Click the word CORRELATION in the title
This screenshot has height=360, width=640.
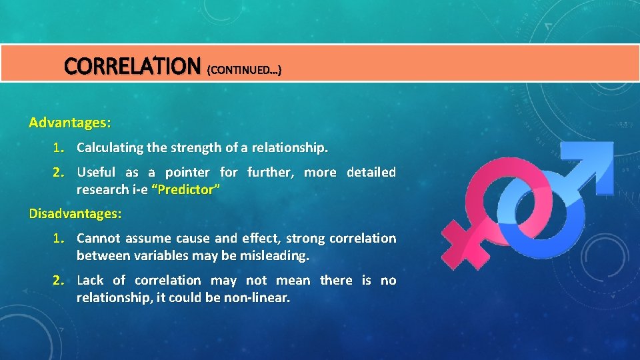click(132, 66)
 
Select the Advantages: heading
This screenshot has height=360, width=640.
click(70, 123)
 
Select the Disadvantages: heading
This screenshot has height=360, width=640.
click(75, 214)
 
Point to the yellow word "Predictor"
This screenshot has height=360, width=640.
click(185, 189)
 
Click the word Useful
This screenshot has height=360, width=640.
click(96, 172)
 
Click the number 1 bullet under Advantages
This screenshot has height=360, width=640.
click(59, 147)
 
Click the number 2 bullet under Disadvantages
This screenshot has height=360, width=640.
click(59, 280)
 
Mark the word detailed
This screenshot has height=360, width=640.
click(371, 172)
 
